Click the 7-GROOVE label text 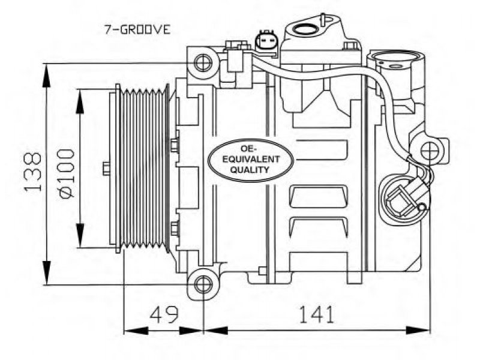pos(137,30)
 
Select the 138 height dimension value pos(33,172)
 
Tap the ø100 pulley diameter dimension pos(67,173)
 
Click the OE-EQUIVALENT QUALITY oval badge pos(250,160)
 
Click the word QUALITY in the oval pos(250,170)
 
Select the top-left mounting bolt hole pos(203,63)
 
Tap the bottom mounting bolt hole pos(203,284)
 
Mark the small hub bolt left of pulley pos(106,169)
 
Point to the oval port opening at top pos(305,29)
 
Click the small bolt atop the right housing pos(350,46)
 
